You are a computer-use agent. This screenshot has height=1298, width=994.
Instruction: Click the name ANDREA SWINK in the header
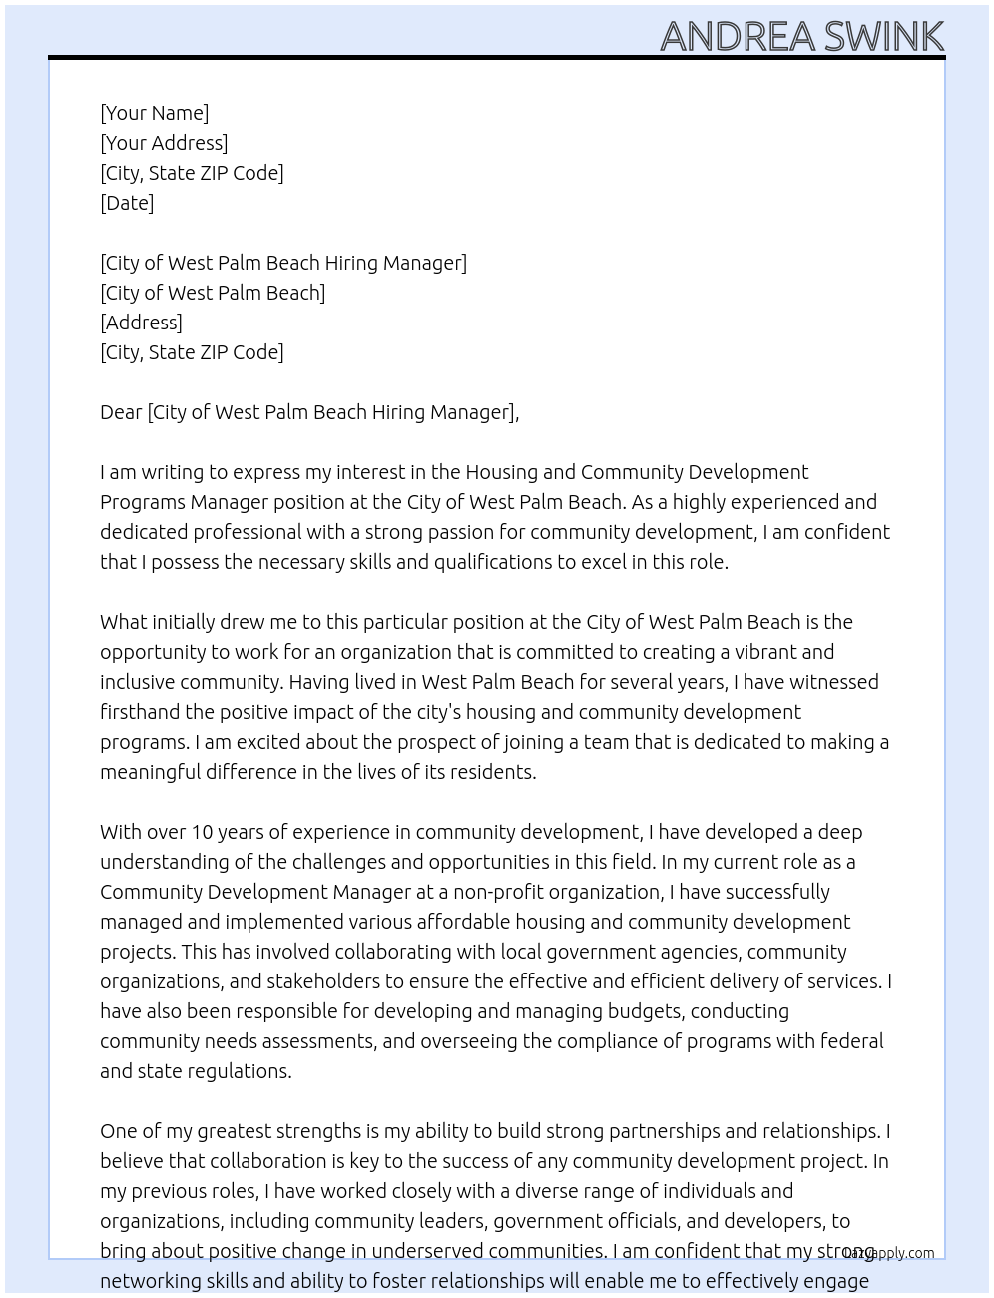[x=801, y=36]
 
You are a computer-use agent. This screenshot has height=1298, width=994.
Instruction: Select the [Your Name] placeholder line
[x=154, y=113]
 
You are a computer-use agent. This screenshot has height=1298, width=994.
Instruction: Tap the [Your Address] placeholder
[x=164, y=143]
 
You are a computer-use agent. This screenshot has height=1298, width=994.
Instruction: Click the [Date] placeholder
[x=127, y=203]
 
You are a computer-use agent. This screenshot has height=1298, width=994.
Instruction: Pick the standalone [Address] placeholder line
[x=141, y=323]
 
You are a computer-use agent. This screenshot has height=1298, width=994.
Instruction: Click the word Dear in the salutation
[x=121, y=412]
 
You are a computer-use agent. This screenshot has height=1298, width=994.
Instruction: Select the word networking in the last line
[x=146, y=1281]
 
